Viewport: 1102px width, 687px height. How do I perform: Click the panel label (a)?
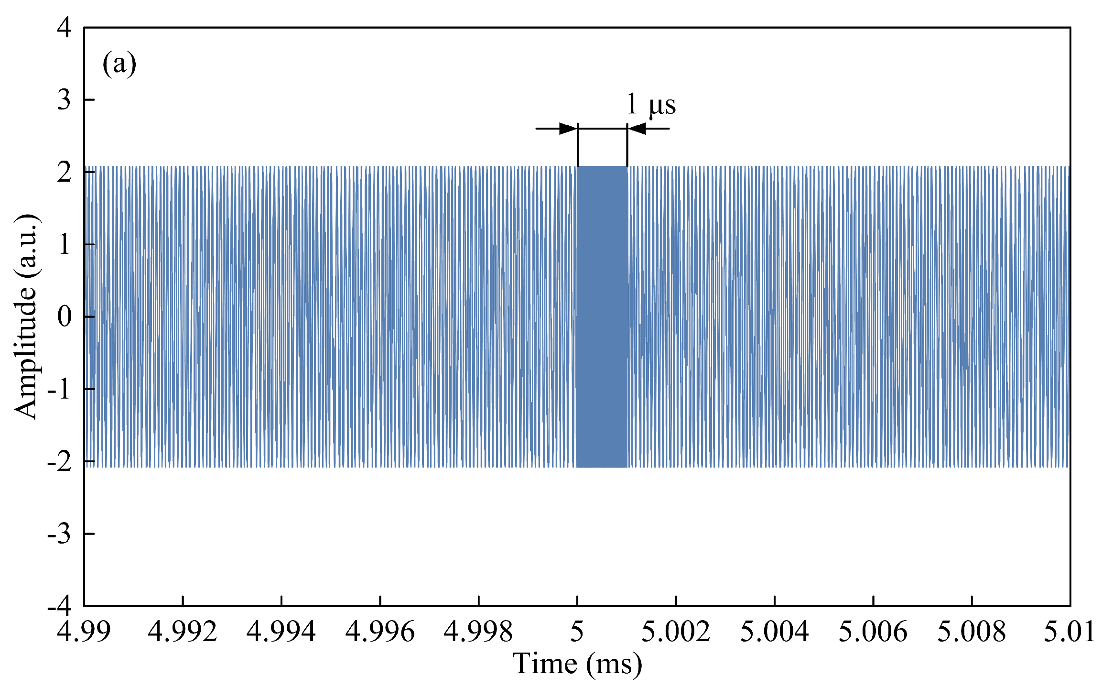119,64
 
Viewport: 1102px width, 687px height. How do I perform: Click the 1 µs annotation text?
650,104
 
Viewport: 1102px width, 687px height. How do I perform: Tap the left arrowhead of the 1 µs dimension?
568,129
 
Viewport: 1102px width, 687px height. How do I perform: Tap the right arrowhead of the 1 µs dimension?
637,129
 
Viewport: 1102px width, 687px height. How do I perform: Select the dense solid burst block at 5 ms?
602,316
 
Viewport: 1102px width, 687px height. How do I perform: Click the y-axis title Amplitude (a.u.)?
26,316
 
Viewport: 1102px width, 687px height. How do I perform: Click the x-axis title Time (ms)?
577,664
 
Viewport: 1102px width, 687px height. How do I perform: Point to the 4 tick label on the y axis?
64,27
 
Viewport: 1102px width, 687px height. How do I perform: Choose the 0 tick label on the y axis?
64,316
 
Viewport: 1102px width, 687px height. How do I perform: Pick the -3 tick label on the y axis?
59,534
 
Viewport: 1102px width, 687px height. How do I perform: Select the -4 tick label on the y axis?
59,606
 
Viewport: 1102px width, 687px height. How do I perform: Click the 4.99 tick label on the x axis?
84,632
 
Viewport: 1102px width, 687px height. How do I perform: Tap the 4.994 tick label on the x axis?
281,632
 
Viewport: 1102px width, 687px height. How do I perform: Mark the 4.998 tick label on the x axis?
478,632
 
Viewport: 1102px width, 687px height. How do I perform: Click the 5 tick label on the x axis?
577,632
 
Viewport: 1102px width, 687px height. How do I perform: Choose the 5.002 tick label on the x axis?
676,632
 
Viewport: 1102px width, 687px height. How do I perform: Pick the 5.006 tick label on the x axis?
873,632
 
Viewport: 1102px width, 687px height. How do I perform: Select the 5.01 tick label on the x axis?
1070,632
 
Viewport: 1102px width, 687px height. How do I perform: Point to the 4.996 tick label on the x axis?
380,632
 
